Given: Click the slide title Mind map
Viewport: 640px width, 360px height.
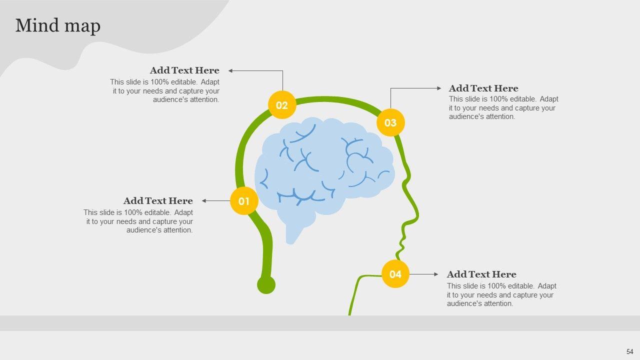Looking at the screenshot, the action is point(58,25).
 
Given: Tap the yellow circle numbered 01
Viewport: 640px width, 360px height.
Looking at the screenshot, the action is point(244,201).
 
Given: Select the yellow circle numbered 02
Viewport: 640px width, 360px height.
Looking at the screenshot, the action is point(282,105).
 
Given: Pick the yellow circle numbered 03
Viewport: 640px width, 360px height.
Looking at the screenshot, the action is point(390,122).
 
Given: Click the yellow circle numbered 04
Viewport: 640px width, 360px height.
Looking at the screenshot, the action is point(395,274).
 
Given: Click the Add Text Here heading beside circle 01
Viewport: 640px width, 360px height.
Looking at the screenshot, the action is point(158,201).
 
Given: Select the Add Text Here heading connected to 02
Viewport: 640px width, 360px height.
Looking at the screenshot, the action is point(184,70).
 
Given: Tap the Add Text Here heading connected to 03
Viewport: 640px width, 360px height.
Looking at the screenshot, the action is point(483,88).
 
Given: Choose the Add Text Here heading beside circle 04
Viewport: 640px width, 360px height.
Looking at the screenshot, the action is point(481,274).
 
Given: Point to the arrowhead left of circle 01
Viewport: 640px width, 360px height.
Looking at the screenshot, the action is point(204,201).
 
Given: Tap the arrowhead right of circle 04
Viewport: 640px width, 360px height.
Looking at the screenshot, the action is point(436,274).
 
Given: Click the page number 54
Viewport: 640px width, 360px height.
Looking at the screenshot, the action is point(629,351).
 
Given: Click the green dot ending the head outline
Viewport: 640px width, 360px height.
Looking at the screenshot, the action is point(266,285).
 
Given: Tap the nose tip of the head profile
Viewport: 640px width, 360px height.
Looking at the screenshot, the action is point(416,216).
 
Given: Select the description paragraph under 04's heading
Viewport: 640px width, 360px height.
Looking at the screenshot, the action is point(501,295).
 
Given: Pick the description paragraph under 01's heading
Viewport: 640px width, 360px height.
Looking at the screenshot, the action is point(139,221).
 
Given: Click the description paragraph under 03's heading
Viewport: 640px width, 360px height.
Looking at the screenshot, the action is point(503,108).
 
